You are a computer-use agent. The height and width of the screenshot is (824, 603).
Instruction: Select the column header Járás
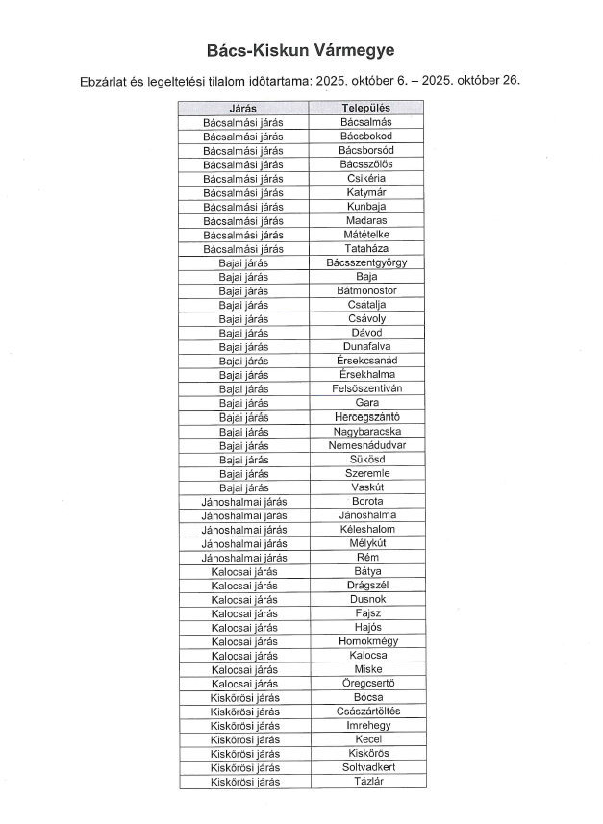coord(242,109)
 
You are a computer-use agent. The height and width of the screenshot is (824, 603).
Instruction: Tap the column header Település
coord(366,109)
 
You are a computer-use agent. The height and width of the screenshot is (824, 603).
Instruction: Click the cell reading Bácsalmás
coord(366,122)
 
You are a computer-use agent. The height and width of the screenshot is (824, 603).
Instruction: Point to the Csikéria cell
coord(366,178)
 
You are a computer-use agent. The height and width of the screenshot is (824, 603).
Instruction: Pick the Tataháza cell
coord(366,248)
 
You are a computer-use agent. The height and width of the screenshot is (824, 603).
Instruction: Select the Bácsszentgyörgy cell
coord(366,262)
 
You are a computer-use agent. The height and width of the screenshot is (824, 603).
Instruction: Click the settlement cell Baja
coord(366,276)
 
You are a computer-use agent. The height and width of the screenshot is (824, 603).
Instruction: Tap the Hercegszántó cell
coord(366,416)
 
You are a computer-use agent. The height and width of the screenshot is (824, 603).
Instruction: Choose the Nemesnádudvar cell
coord(366,445)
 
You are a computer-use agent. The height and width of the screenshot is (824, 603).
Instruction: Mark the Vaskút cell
coord(366,487)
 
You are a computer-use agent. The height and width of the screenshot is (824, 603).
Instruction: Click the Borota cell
coord(366,501)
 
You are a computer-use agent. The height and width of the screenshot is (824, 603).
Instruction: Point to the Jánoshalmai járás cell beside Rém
coord(243,557)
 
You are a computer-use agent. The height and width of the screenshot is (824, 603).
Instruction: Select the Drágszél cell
coord(366,585)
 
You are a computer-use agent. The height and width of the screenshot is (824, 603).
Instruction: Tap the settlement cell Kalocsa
coord(366,655)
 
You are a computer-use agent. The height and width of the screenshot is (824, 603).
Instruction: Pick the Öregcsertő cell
coord(366,683)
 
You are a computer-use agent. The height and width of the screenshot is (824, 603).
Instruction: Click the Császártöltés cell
coord(366,712)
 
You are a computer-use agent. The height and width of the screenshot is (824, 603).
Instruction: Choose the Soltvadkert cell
coord(366,767)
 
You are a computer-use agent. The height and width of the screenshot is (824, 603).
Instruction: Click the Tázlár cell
coord(366,781)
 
